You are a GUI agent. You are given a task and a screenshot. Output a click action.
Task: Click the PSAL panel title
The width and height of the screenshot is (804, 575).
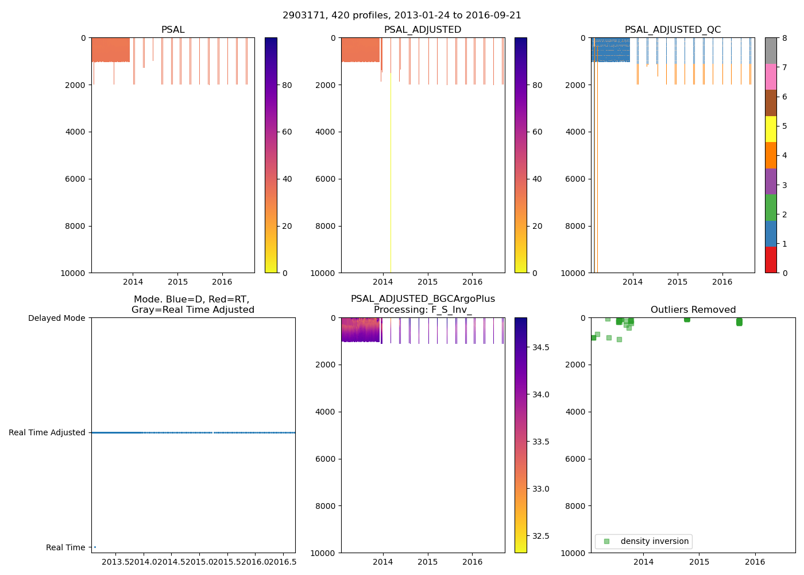click(173, 30)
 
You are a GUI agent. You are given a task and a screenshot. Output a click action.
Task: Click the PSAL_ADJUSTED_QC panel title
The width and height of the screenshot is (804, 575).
click(672, 30)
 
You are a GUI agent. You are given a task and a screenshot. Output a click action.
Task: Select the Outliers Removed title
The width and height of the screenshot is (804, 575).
click(693, 310)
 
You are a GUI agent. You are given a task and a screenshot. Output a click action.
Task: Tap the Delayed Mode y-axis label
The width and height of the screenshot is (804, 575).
click(56, 318)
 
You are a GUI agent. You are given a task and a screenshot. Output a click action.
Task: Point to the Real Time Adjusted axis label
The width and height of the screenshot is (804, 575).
click(47, 432)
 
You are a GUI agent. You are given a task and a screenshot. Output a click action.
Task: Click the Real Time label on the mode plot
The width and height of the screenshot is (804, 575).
click(65, 547)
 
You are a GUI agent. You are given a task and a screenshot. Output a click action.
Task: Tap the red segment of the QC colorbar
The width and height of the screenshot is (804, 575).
click(771, 259)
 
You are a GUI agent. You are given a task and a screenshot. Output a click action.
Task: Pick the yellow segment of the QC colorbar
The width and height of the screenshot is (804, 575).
click(771, 129)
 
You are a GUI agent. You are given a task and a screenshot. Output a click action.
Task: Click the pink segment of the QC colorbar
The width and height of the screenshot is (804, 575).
click(771, 76)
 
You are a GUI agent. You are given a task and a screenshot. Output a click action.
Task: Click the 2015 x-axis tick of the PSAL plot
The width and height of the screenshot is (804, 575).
click(177, 282)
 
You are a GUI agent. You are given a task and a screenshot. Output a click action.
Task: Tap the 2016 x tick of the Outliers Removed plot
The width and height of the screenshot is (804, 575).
click(755, 562)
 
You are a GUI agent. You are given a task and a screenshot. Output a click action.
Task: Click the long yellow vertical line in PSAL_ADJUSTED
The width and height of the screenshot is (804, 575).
click(391, 172)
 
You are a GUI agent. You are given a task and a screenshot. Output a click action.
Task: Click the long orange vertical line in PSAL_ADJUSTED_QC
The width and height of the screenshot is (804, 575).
click(597, 172)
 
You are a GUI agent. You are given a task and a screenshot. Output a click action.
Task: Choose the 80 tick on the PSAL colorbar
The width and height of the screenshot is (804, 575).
click(287, 85)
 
